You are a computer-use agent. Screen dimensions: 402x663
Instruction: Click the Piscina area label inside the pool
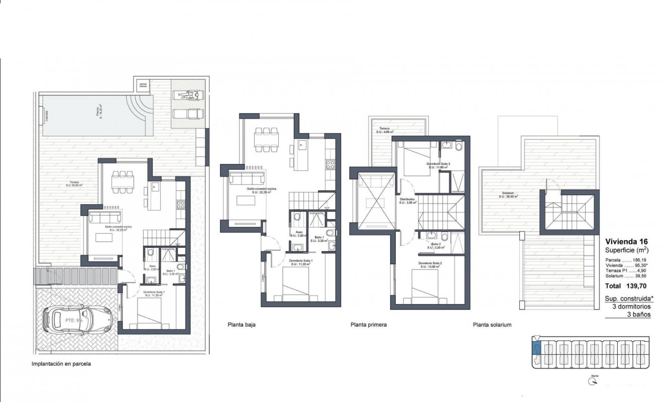coord(98,114)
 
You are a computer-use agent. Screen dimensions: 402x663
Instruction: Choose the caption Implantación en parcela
coord(61,363)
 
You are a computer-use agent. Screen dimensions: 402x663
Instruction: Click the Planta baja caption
coord(242,325)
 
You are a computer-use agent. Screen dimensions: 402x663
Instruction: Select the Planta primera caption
coord(369,325)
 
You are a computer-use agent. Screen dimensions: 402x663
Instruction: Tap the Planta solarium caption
coord(492,325)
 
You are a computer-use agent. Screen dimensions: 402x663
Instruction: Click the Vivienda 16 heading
coord(626,241)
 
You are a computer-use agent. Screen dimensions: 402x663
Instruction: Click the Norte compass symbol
coord(594,381)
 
